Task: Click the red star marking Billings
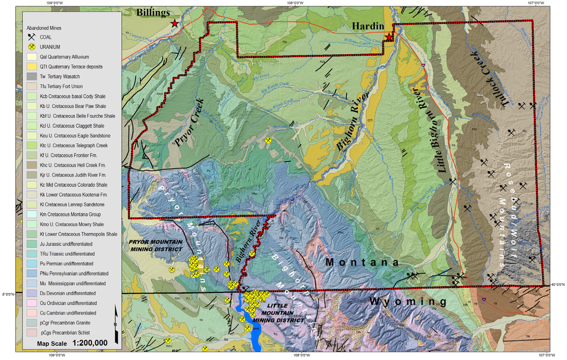[x=175, y=23]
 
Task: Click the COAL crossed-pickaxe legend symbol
[x=32, y=37]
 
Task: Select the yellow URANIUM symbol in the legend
[x=32, y=47]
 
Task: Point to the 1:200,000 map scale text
[x=86, y=343]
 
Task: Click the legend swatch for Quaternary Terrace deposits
[x=32, y=66]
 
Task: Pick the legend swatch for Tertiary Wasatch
[x=32, y=76]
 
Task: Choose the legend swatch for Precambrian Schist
[x=32, y=332]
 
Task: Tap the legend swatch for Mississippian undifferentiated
[x=32, y=283]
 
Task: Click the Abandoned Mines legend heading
[x=44, y=27]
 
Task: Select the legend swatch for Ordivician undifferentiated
[x=32, y=303]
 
